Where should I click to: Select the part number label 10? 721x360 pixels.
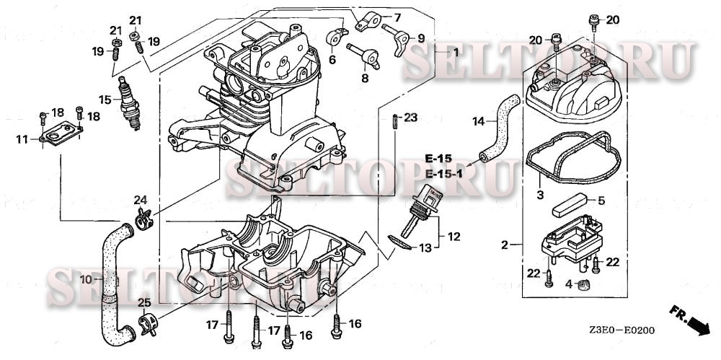coord(84,278)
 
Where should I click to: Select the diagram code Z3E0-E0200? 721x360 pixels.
coord(621,331)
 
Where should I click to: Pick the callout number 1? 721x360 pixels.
coord(455,53)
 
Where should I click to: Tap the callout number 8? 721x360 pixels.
coord(365,78)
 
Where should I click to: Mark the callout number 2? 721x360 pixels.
coord(505,244)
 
